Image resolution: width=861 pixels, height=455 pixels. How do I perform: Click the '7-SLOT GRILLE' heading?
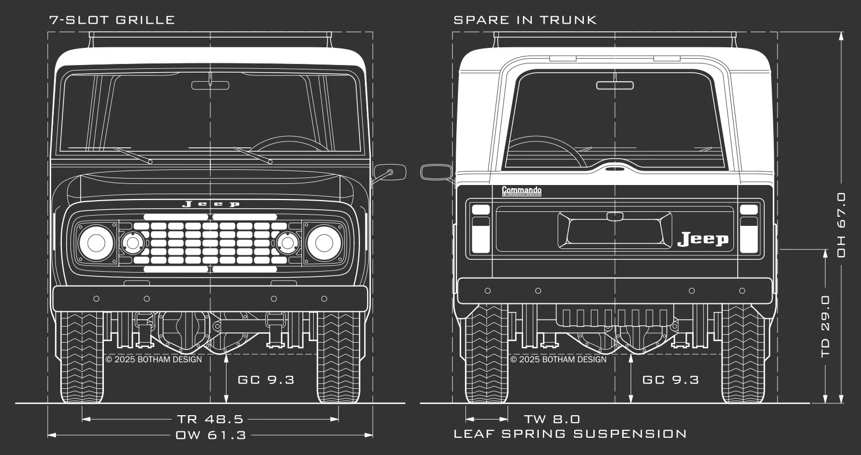point(112,20)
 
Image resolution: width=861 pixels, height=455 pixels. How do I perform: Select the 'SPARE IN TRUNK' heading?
point(525,20)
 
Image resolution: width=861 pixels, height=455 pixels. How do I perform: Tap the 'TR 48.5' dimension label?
point(210,419)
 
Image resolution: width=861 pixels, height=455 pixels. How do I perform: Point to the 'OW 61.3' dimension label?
point(210,435)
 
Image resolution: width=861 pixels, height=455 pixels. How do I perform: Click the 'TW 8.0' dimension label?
point(552,419)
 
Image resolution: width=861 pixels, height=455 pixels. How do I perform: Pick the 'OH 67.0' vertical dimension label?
point(842,224)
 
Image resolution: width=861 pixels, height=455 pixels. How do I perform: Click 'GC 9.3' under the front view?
point(266,380)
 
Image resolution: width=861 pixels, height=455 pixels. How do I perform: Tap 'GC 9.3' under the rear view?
point(671,380)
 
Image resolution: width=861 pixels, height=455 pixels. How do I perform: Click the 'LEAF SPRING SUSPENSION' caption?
point(570,433)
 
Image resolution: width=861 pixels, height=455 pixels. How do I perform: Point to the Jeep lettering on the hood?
point(210,204)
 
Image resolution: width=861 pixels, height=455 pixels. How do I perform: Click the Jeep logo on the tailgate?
point(703,239)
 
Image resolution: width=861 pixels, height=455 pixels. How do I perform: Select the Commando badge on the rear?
point(521,191)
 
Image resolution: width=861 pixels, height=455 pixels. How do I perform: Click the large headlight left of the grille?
point(96,243)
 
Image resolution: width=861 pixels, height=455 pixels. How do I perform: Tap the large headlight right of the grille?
point(323,243)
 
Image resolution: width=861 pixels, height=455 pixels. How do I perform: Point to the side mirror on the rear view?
point(436,172)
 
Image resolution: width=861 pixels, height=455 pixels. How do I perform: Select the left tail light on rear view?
point(481,228)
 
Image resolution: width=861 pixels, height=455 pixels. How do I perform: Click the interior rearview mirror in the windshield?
point(210,85)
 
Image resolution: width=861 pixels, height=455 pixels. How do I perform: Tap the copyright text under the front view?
point(154,359)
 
